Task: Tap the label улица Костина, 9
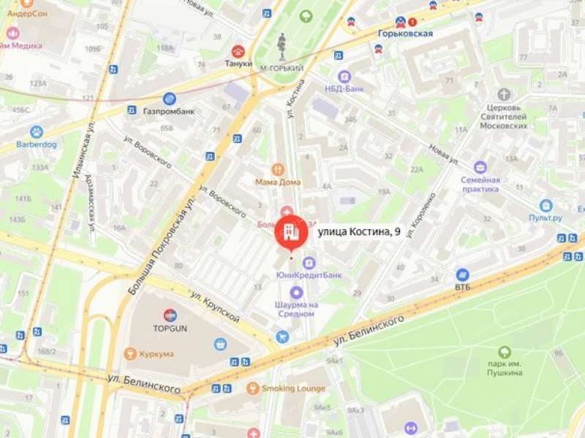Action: [x=358, y=232]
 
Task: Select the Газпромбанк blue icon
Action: [x=170, y=99]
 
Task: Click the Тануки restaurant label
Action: [x=238, y=64]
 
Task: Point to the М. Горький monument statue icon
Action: [x=282, y=46]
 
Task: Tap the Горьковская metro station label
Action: [x=405, y=34]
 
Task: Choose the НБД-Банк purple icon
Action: [x=344, y=76]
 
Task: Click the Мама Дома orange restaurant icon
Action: [x=277, y=169]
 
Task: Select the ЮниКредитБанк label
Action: [x=309, y=275]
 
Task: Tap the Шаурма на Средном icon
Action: [x=295, y=292]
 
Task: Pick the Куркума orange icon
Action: [x=131, y=354]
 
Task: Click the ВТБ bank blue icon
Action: [x=462, y=274]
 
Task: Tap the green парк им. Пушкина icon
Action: [x=505, y=353]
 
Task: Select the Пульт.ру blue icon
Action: [x=546, y=206]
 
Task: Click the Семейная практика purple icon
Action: [x=480, y=167]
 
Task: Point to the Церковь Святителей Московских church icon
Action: [x=504, y=94]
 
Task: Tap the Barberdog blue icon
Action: [x=36, y=132]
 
